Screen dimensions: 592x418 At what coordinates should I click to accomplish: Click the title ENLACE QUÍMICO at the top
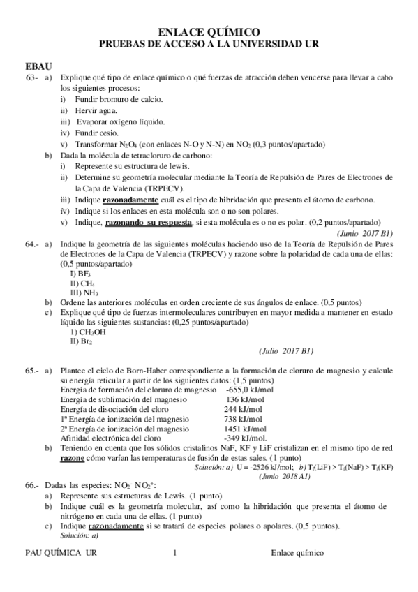pos(209,31)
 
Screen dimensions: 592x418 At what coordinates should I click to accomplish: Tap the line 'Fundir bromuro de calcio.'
pos(104,99)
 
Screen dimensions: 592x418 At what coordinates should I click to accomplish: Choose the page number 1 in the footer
pos(174,553)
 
